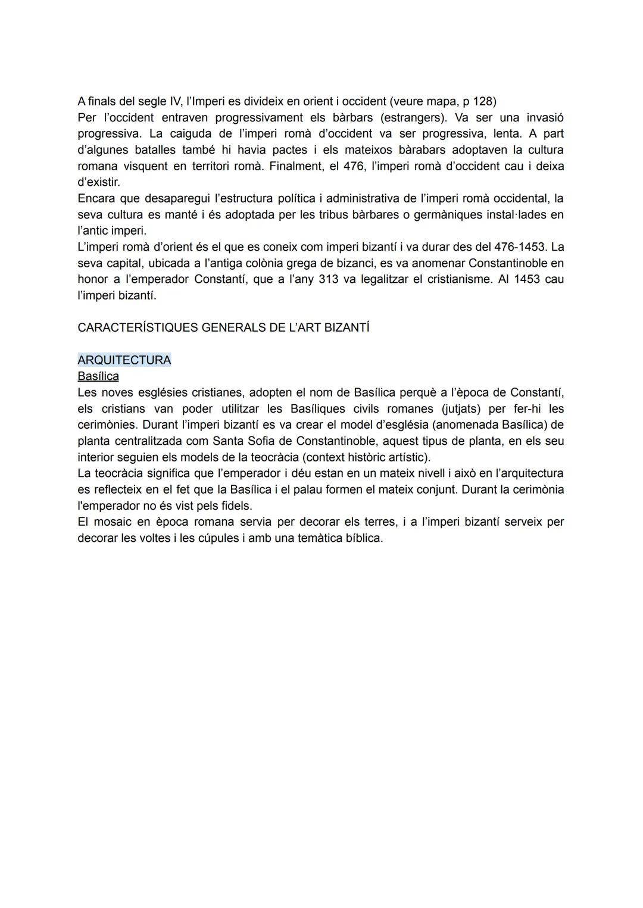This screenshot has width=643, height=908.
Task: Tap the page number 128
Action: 483,101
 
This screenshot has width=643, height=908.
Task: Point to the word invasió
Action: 545,117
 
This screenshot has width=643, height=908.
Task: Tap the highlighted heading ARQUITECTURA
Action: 124,360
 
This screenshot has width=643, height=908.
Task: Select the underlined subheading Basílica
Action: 98,376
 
